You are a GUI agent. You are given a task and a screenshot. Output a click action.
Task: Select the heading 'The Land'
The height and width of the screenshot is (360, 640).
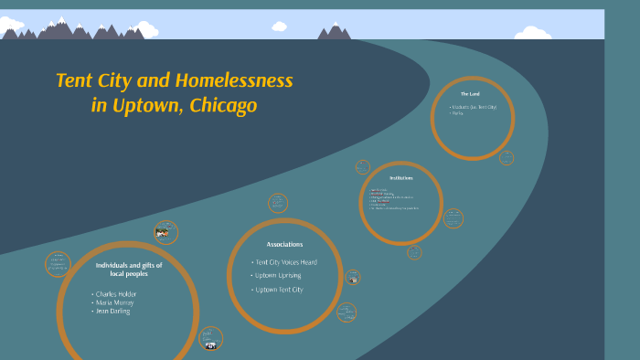(470, 94)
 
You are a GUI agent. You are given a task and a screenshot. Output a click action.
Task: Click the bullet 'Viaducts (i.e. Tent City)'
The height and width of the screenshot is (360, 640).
(474, 107)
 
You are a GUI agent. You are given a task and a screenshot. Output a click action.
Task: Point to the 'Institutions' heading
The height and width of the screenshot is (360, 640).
(400, 178)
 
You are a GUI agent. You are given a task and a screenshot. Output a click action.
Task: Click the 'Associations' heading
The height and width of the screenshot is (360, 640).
(284, 245)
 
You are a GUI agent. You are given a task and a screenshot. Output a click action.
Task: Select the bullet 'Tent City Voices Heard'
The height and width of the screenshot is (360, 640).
(286, 262)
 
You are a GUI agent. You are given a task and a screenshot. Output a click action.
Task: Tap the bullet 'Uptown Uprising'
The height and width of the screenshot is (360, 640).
(278, 275)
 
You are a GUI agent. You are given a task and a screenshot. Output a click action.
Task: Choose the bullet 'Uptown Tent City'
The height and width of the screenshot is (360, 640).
(279, 290)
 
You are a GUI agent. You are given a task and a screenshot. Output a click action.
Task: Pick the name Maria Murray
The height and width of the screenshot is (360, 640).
(112, 302)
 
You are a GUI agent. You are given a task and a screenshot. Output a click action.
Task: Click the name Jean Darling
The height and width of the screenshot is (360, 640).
(111, 312)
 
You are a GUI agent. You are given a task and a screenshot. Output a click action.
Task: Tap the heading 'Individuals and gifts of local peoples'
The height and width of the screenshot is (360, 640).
(128, 269)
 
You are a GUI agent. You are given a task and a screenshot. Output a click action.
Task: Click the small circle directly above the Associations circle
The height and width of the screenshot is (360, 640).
(278, 203)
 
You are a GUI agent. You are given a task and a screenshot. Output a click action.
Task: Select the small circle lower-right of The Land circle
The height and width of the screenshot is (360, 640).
(506, 157)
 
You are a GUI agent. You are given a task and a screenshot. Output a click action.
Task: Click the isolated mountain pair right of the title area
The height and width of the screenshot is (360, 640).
(334, 32)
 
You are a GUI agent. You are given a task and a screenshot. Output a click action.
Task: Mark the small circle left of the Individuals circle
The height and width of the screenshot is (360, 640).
(58, 264)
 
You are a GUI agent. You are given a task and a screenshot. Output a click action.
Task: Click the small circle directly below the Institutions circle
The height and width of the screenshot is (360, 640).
(414, 252)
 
